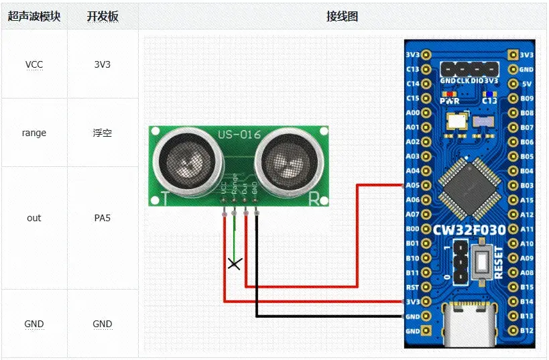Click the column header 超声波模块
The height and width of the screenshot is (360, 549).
pos(34,16)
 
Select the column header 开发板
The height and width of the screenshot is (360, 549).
pos(103,16)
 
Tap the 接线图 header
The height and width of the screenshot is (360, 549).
pos(342,16)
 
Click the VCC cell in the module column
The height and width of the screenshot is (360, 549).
pos(34,65)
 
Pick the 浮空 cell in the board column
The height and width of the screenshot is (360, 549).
pos(103,133)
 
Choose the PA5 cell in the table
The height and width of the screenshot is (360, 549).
pos(103,218)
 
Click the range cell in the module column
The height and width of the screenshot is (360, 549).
pos(34,133)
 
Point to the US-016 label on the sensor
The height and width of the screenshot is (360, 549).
pos(239,135)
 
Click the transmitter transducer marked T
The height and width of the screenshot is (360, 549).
pos(187,159)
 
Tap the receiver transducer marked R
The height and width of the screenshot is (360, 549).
pos(290,159)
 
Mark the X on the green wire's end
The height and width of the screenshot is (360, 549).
pos(234,263)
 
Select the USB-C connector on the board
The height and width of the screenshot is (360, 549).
pos(469,323)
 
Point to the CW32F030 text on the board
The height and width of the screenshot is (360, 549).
pos(469,230)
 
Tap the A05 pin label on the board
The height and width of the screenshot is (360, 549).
pos(413,185)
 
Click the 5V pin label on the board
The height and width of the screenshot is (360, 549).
pos(527,84)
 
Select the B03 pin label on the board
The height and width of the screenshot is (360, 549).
pos(527,185)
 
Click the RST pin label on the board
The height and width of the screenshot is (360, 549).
pos(413,288)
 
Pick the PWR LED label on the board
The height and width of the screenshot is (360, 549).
pos(449,101)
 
